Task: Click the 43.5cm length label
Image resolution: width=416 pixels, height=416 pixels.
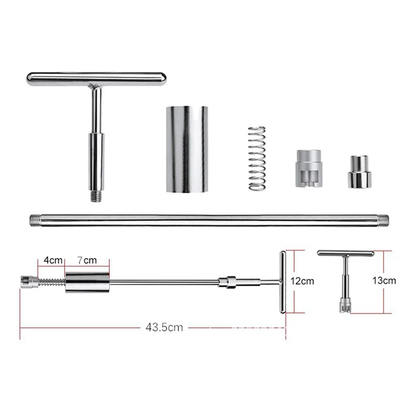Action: click(164, 327)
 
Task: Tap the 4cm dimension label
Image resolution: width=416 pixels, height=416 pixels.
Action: click(53, 260)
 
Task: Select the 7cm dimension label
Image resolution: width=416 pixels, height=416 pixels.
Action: click(87, 260)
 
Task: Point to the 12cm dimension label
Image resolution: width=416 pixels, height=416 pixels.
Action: click(302, 281)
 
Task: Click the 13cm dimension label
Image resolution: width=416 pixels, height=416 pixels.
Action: click(384, 280)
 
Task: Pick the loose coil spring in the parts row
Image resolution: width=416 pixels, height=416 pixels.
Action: click(257, 158)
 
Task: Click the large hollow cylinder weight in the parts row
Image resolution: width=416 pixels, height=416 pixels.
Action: click(187, 149)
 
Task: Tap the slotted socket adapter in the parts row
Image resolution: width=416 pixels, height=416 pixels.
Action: click(309, 168)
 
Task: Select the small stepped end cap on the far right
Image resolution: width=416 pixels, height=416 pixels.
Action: click(359, 172)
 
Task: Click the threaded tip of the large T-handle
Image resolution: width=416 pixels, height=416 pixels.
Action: click(96, 197)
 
